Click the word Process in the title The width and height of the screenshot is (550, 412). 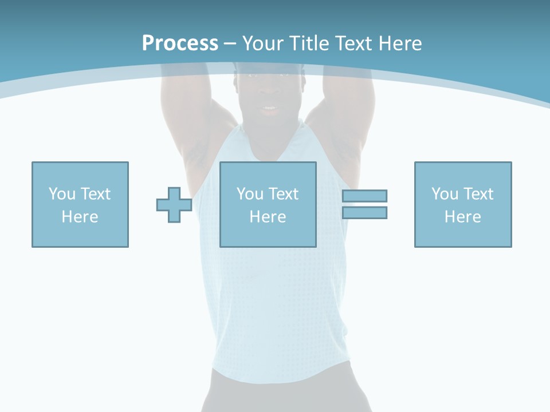click(x=180, y=43)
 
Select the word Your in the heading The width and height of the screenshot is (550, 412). click(x=264, y=43)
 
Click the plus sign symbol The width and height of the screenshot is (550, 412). click(x=174, y=205)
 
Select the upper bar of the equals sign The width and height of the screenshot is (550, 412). click(x=365, y=196)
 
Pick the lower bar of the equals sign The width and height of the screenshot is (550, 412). click(x=365, y=212)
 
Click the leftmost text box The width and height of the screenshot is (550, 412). click(x=80, y=204)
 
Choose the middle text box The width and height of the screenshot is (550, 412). click(x=268, y=204)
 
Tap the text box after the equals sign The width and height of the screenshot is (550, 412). click(x=463, y=204)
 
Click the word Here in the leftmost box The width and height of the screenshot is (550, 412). click(x=80, y=217)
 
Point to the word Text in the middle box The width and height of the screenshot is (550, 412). click(x=282, y=194)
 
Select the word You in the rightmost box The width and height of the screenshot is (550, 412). click(x=445, y=194)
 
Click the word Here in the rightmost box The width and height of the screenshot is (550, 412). click(x=462, y=217)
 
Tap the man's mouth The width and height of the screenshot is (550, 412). click(x=269, y=108)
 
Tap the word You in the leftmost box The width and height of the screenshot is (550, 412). click(x=62, y=194)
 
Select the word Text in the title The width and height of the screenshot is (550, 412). click(x=352, y=43)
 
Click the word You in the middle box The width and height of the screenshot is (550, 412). click(x=250, y=194)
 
